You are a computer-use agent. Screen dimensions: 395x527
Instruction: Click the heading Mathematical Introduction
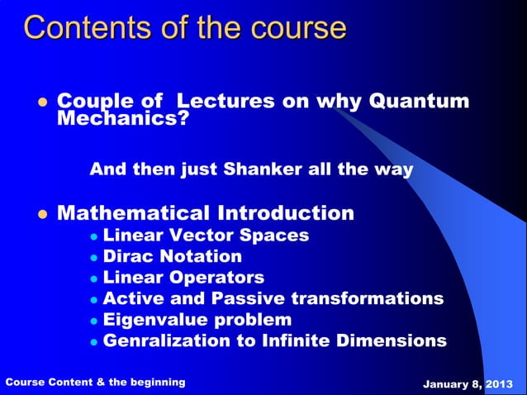click(205, 213)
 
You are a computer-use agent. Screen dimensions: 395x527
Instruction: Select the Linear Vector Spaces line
click(206, 236)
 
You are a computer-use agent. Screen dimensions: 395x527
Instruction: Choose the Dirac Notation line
click(172, 256)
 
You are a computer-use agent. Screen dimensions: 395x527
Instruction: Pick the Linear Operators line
click(183, 278)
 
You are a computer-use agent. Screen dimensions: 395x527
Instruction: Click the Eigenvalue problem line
click(197, 320)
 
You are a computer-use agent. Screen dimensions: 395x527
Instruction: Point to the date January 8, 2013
click(468, 384)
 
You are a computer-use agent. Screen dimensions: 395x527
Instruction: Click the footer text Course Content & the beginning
click(96, 383)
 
